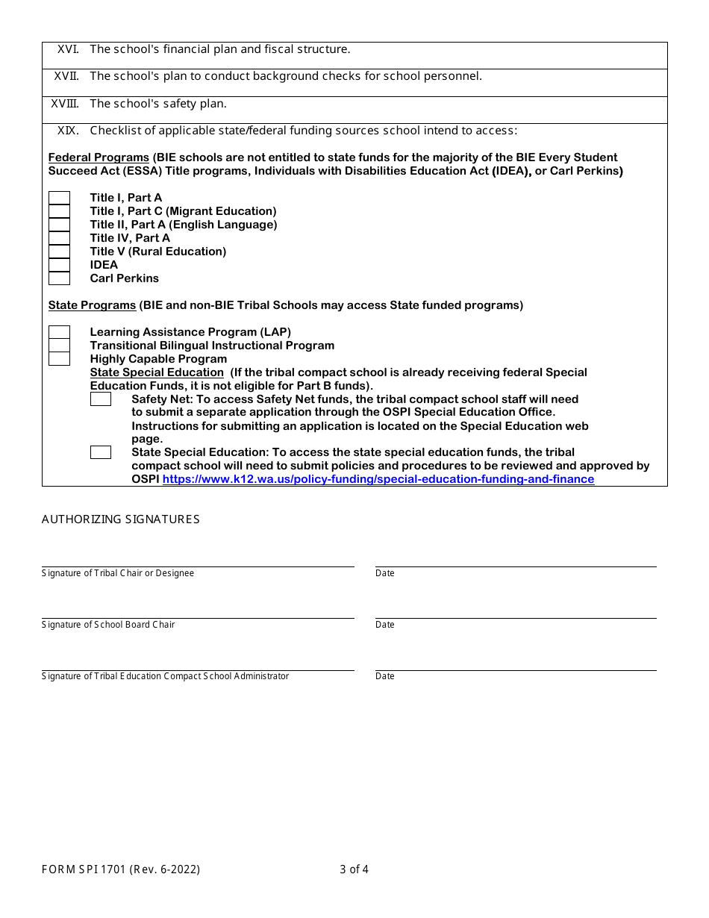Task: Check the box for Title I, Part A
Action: click(x=59, y=198)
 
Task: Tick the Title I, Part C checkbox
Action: click(x=59, y=211)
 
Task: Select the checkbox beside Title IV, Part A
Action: click(x=59, y=238)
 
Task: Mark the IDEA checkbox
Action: click(x=59, y=265)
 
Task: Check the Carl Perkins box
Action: click(x=59, y=278)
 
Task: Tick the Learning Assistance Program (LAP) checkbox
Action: click(x=59, y=332)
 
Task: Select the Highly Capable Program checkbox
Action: click(x=59, y=359)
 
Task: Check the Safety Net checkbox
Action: click(x=101, y=399)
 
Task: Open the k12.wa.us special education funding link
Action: click(x=378, y=479)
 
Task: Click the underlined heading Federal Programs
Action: click(x=99, y=157)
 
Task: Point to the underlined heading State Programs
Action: click(x=92, y=305)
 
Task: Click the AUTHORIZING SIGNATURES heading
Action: click(x=121, y=519)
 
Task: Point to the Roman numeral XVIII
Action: click(x=65, y=104)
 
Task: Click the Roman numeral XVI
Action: click(x=68, y=49)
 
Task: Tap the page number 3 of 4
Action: click(x=354, y=869)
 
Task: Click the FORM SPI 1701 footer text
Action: click(x=121, y=869)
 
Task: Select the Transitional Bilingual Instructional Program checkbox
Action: click(x=59, y=346)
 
